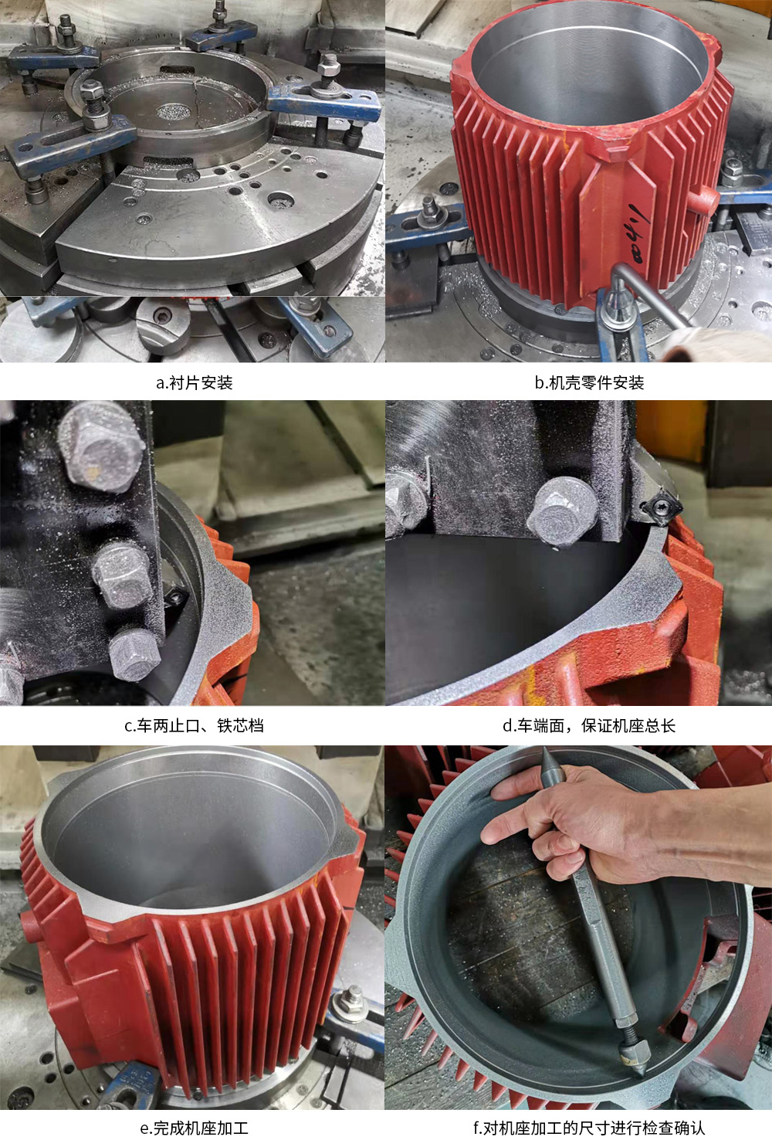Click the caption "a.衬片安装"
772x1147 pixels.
[194, 382]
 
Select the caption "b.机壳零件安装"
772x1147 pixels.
[589, 382]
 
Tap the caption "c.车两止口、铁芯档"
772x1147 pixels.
[194, 725]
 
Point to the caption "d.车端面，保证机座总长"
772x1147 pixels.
[589, 725]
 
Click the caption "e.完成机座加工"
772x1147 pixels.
[194, 1128]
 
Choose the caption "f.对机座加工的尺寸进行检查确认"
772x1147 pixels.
[589, 1128]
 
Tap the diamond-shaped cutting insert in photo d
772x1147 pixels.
[662, 507]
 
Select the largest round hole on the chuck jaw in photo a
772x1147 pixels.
[280, 199]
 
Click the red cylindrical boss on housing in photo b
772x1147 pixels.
[704, 200]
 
